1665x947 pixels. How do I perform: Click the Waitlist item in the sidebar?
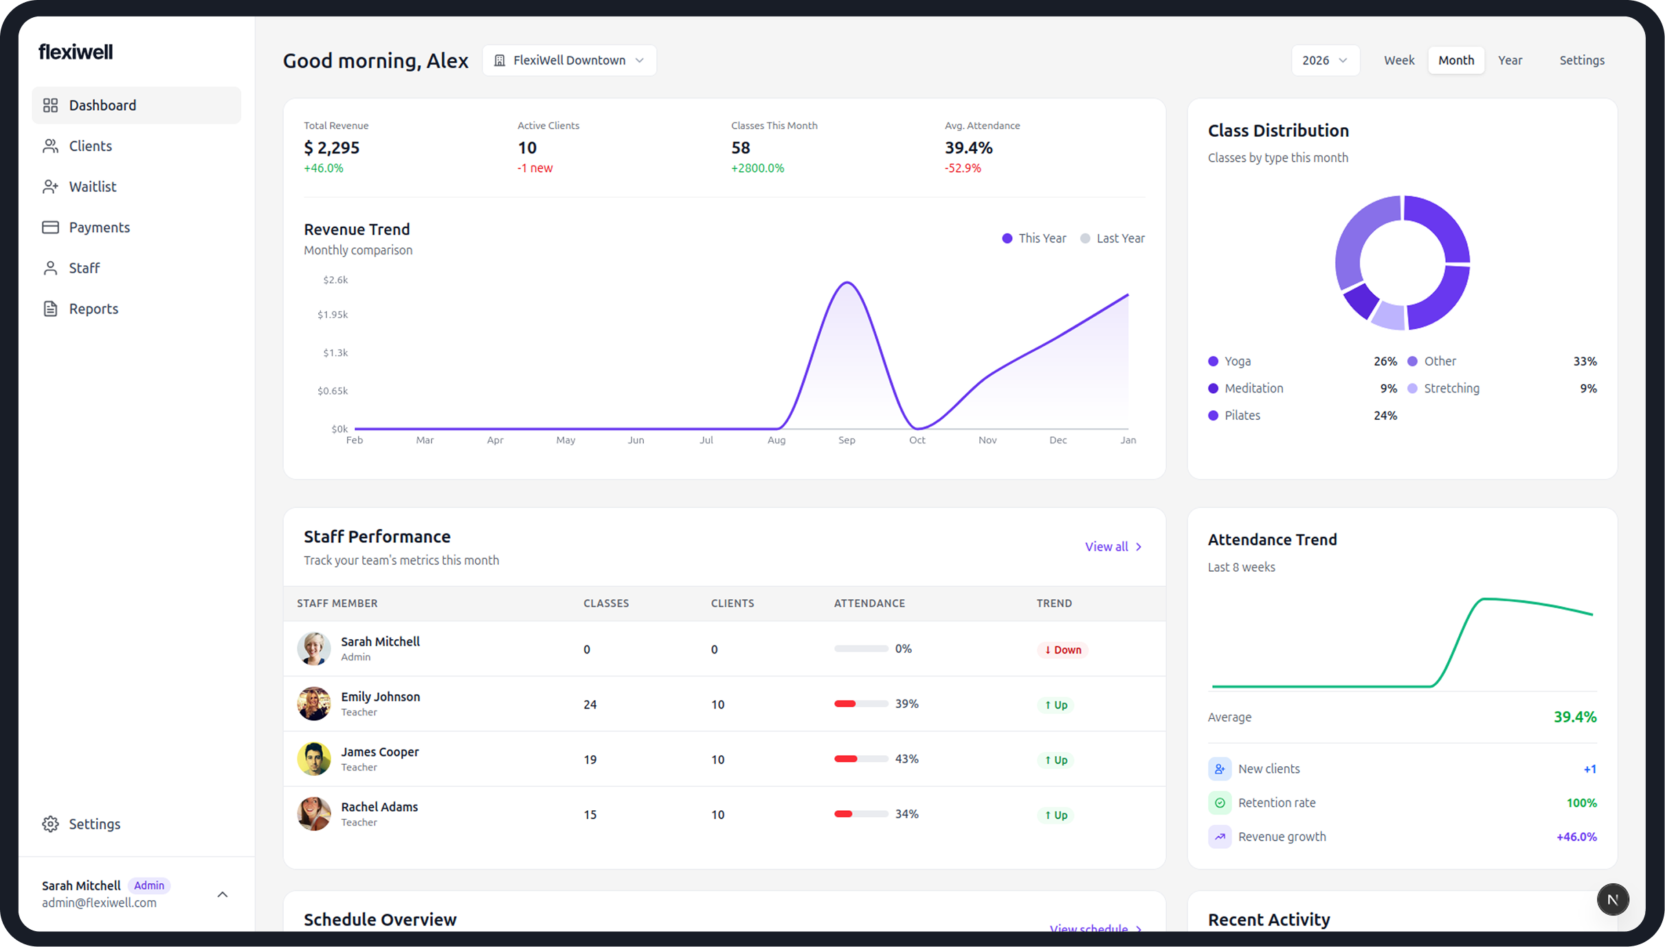(x=92, y=186)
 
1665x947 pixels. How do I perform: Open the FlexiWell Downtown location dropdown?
(x=569, y=60)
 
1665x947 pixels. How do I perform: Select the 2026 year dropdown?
(x=1324, y=60)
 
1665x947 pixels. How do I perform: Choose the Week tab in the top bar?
(x=1398, y=60)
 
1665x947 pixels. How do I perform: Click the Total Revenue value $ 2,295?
(x=331, y=148)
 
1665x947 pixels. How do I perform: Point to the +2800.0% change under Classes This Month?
(x=757, y=168)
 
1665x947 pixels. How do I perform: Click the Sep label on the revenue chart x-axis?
(x=847, y=441)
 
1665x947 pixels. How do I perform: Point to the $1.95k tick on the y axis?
(x=333, y=315)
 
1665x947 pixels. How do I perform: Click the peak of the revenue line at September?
(x=848, y=282)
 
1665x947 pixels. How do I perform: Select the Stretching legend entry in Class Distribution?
(x=1451, y=388)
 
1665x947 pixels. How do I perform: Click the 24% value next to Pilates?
(x=1385, y=416)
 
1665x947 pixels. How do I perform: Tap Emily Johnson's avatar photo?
(x=314, y=704)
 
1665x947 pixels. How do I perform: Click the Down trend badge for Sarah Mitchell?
(x=1062, y=650)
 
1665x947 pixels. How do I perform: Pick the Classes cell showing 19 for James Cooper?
(x=590, y=760)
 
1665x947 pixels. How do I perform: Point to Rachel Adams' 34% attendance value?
(x=906, y=814)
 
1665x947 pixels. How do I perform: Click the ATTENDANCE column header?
(x=869, y=603)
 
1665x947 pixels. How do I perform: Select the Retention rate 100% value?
(x=1580, y=803)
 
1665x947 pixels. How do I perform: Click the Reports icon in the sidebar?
(x=50, y=309)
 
